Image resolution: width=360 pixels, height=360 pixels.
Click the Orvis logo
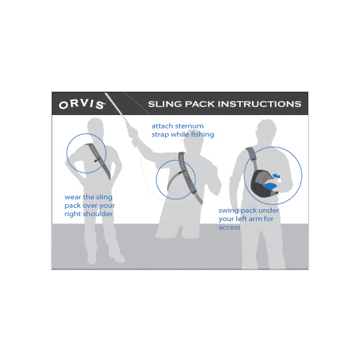coord(82,105)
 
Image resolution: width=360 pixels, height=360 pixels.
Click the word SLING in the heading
coord(165,104)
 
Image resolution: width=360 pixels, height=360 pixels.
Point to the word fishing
coord(202,135)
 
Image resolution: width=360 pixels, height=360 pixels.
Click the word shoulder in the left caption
coord(98,214)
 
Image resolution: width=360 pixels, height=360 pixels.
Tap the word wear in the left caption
coord(73,197)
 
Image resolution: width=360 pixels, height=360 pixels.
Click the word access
coord(229,227)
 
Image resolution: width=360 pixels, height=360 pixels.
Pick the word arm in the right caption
coord(254,219)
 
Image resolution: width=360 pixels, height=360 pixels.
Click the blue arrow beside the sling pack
coord(276,175)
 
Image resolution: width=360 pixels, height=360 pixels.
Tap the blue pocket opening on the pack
coord(270,186)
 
